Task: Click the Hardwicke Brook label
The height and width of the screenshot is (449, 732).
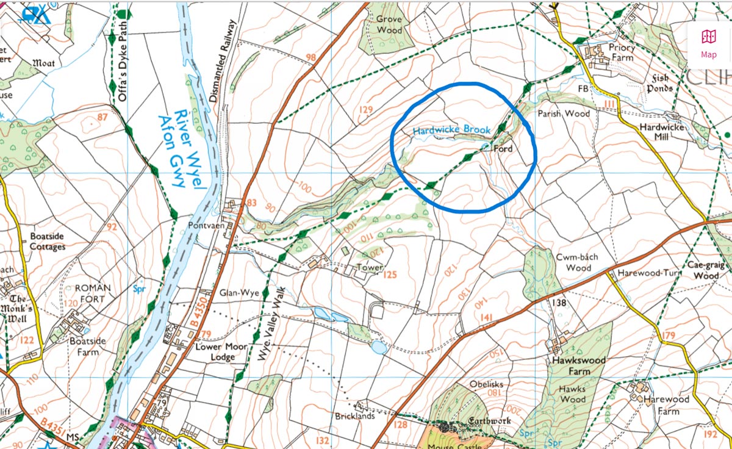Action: (443, 131)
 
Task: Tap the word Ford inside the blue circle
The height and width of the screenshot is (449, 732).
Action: (502, 149)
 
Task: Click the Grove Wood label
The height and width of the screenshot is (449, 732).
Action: (389, 24)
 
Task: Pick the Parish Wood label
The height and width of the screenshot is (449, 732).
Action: (563, 113)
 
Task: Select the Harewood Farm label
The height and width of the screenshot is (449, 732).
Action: (668, 405)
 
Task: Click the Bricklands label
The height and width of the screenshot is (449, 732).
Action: (354, 416)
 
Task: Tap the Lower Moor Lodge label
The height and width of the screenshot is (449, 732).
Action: (221, 351)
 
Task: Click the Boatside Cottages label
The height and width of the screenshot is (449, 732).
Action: (48, 241)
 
